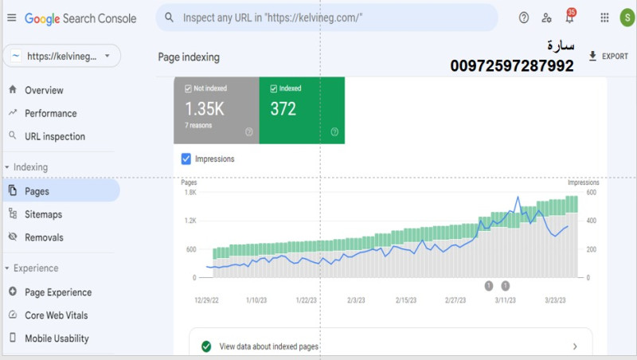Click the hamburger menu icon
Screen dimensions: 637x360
[x=12, y=18]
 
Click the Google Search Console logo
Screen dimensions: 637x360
[x=80, y=18]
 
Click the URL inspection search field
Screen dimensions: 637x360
[x=327, y=18]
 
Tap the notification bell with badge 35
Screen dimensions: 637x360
[x=570, y=17]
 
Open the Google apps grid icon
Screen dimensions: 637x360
[x=604, y=18]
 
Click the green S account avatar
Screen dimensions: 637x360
[x=627, y=18]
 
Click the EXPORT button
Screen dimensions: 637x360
[x=608, y=56]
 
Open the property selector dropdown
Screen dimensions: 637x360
[x=62, y=56]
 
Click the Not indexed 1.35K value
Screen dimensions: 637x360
[x=205, y=109]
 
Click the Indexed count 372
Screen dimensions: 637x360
[x=283, y=109]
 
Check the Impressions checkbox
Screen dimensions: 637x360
[x=186, y=158]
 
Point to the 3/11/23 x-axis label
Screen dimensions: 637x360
[x=505, y=300]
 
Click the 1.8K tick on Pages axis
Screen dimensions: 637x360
[x=190, y=192]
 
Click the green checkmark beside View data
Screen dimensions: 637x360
[x=206, y=346]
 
